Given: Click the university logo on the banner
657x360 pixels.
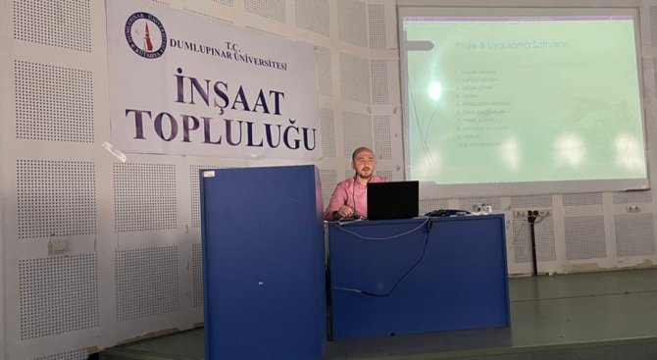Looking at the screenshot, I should [x=145, y=35].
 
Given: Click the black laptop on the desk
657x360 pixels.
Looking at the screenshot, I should [x=392, y=200].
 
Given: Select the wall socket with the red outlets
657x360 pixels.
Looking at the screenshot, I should [x=531, y=213].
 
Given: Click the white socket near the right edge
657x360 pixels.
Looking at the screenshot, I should [x=633, y=208].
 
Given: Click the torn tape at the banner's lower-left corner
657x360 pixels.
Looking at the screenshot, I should [x=115, y=152].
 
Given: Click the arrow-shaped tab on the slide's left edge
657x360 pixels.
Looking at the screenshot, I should [x=419, y=45].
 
